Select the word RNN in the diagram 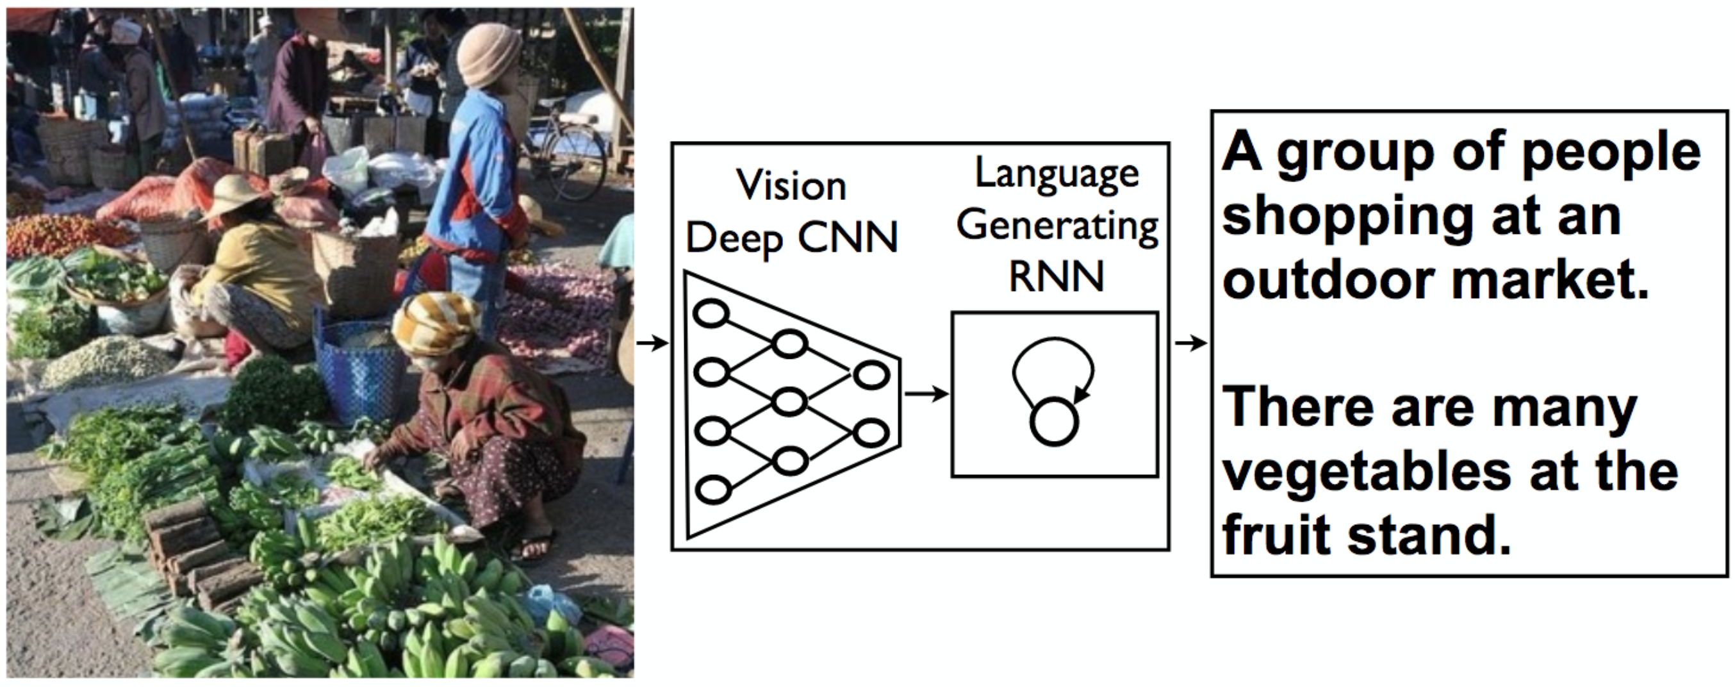(x=1056, y=276)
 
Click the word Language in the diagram (x=1057, y=174)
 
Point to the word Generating (x=1057, y=226)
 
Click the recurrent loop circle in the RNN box (x=1054, y=422)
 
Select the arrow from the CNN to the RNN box (x=925, y=394)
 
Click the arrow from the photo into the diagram (x=652, y=343)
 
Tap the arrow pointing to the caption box (x=1190, y=343)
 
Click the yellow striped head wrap (x=435, y=323)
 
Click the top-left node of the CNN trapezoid (x=711, y=315)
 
